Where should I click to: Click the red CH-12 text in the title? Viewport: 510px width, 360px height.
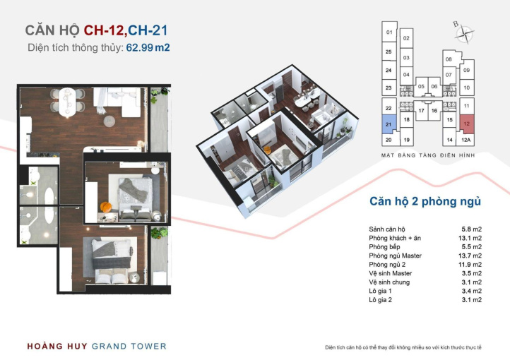click(104, 30)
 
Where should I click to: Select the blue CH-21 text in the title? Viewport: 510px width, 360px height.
click(148, 30)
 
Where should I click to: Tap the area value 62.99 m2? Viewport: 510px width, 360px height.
click(148, 47)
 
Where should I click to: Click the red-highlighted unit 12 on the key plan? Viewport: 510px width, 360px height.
click(467, 124)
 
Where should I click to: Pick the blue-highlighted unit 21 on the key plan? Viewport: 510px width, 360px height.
click(389, 124)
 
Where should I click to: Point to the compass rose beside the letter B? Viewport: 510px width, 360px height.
click(465, 33)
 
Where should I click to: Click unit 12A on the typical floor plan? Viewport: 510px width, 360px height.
click(465, 140)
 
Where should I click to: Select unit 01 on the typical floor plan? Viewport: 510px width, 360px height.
click(389, 32)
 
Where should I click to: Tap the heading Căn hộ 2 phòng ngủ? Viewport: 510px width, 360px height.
click(425, 201)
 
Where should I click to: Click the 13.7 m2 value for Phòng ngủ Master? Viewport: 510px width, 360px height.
click(470, 256)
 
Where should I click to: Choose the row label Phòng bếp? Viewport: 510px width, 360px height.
click(384, 247)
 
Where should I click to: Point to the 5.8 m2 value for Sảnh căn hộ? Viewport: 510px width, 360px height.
click(472, 229)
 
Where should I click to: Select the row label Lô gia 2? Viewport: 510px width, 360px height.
click(380, 300)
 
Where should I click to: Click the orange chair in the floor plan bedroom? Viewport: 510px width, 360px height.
click(105, 207)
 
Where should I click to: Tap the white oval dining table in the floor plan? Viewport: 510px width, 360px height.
click(67, 102)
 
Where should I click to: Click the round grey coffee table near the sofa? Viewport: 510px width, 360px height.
click(109, 121)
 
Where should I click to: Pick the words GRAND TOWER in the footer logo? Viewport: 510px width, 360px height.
click(129, 347)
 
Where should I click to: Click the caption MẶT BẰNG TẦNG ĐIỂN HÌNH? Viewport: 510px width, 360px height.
click(428, 155)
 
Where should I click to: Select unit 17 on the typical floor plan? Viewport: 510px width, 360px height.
click(421, 111)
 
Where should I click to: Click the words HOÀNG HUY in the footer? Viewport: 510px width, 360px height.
click(57, 346)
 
